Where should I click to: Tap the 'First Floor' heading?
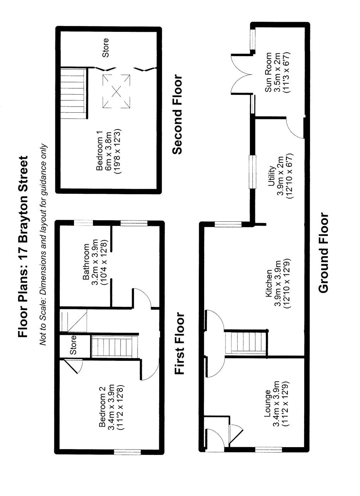click(x=179, y=344)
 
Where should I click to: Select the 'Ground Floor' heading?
click(x=323, y=253)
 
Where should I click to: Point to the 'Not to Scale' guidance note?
click(x=43, y=245)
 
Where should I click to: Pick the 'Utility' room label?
click(x=271, y=176)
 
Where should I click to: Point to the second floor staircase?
click(x=73, y=93)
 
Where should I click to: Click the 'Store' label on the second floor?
click(x=105, y=48)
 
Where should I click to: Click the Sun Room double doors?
click(x=241, y=74)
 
